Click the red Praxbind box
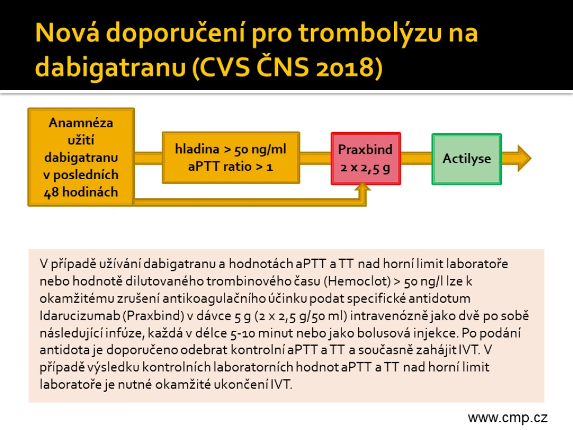pyautogui.click(x=366, y=158)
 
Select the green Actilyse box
pyautogui.click(x=467, y=158)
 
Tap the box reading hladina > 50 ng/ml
pyautogui.click(x=231, y=157)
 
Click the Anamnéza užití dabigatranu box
pyautogui.click(x=81, y=157)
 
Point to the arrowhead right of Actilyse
pyautogui.click(x=524, y=158)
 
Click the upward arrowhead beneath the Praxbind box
pyautogui.click(x=363, y=187)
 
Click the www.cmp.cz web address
pyautogui.click(x=508, y=417)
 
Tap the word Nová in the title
pyautogui.click(x=68, y=32)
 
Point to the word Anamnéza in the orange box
pyautogui.click(x=81, y=123)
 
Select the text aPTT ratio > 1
pyautogui.click(x=231, y=167)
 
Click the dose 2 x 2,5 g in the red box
pyautogui.click(x=365, y=167)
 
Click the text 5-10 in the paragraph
pyautogui.click(x=243, y=333)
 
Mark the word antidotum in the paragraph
pyautogui.click(x=440, y=298)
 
